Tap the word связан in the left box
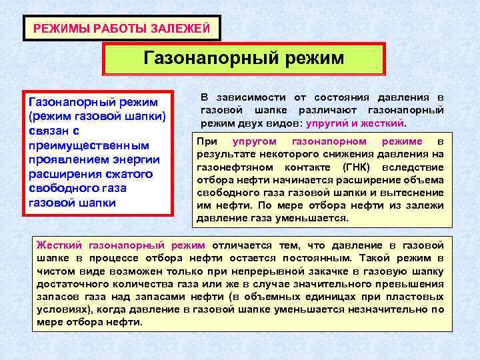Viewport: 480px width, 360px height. pos(47,131)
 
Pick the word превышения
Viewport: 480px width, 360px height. pos(415,283)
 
